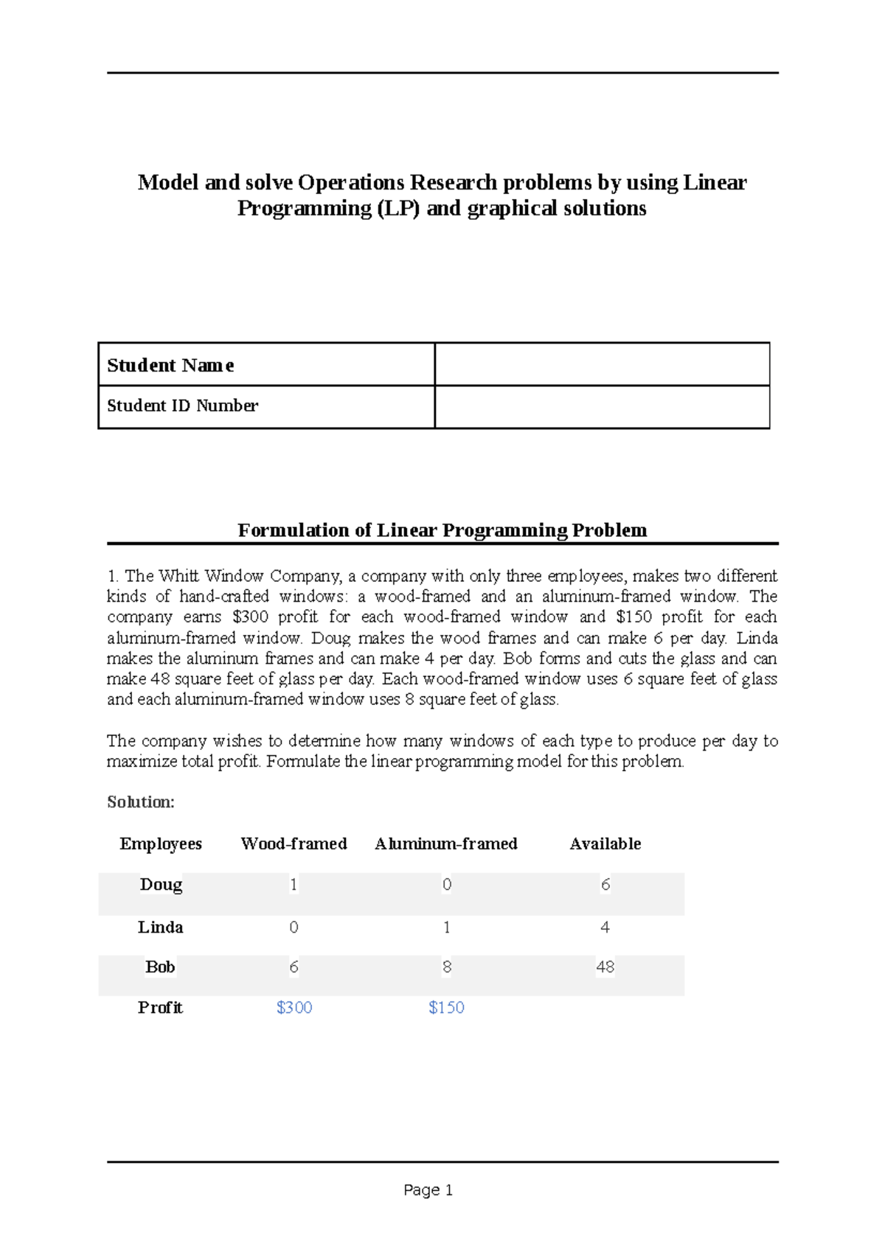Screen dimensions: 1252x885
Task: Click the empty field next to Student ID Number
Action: point(602,406)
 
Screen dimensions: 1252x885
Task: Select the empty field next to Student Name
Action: point(602,364)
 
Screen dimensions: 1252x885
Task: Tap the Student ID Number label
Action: point(183,406)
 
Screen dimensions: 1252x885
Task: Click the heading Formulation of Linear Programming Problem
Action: point(442,530)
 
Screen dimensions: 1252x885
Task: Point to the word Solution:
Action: point(140,801)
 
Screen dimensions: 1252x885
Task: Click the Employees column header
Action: point(160,844)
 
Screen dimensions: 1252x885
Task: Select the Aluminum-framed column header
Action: point(445,844)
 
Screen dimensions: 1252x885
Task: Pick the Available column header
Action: point(605,844)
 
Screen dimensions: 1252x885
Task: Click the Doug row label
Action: point(161,884)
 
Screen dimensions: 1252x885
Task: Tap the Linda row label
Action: point(160,927)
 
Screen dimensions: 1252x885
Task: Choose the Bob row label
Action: point(160,967)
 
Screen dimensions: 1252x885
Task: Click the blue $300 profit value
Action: point(294,1007)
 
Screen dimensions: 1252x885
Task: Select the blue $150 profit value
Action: point(446,1007)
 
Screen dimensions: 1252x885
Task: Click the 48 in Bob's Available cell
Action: point(605,967)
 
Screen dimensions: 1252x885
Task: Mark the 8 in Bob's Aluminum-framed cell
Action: point(447,967)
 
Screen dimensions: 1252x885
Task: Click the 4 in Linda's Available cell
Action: point(605,927)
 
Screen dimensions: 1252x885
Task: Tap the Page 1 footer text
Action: point(428,1190)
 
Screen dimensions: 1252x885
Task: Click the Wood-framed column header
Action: point(294,844)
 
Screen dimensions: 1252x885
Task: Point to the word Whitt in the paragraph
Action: point(178,576)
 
